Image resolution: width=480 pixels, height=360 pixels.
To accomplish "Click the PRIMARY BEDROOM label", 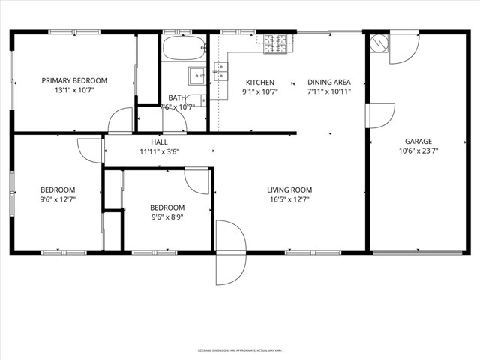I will (73, 81).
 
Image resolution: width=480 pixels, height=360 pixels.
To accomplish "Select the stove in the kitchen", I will (276, 44).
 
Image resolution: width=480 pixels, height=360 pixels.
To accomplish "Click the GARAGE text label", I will (418, 141).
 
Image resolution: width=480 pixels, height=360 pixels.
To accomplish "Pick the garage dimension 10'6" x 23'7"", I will (418, 151).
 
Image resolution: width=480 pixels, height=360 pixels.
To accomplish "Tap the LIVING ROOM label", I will (289, 190).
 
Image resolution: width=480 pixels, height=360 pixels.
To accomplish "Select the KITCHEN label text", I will (260, 82).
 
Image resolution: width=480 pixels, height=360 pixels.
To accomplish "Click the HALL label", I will (159, 142).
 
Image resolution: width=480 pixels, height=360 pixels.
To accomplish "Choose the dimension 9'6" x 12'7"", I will (58, 199).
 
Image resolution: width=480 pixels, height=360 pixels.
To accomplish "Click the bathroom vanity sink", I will (196, 74).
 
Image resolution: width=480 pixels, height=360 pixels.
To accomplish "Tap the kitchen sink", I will (221, 71).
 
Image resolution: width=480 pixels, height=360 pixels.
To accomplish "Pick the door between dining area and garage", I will (379, 115).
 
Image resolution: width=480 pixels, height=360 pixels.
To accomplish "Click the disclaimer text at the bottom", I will (239, 350).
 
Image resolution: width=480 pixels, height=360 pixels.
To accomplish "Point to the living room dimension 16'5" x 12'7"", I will (289, 199).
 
